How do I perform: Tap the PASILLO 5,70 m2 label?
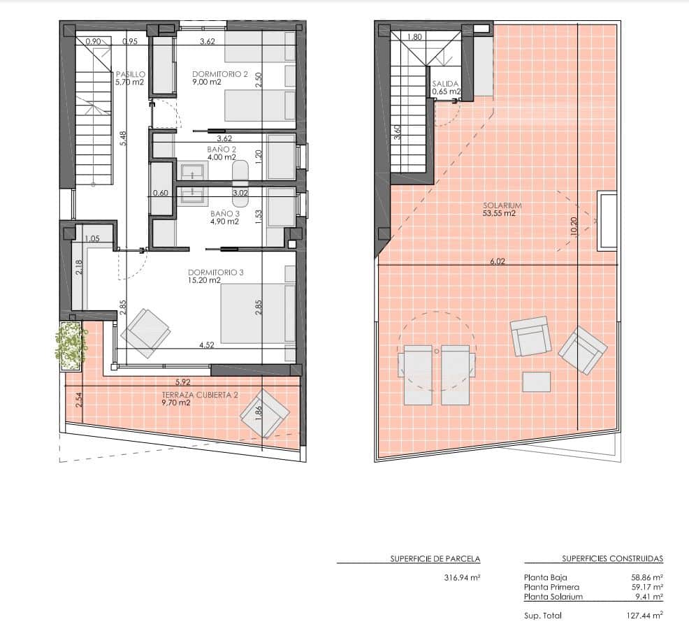tap(130, 78)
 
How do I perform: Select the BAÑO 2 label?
tap(222, 153)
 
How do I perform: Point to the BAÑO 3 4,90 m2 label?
tap(224, 217)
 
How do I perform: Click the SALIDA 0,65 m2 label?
tap(446, 87)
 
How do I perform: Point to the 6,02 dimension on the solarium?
tap(497, 261)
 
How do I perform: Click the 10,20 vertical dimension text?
tap(574, 227)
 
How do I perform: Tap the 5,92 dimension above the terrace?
tap(183, 382)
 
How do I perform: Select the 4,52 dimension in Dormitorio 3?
tap(206, 345)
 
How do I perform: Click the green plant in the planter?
tap(71, 345)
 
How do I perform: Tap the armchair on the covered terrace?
tap(265, 413)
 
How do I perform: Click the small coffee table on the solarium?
tap(536, 382)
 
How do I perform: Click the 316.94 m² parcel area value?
tap(462, 578)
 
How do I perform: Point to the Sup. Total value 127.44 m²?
tap(643, 616)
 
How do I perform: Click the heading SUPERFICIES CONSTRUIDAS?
tap(612, 559)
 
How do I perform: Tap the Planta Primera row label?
tap(551, 588)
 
